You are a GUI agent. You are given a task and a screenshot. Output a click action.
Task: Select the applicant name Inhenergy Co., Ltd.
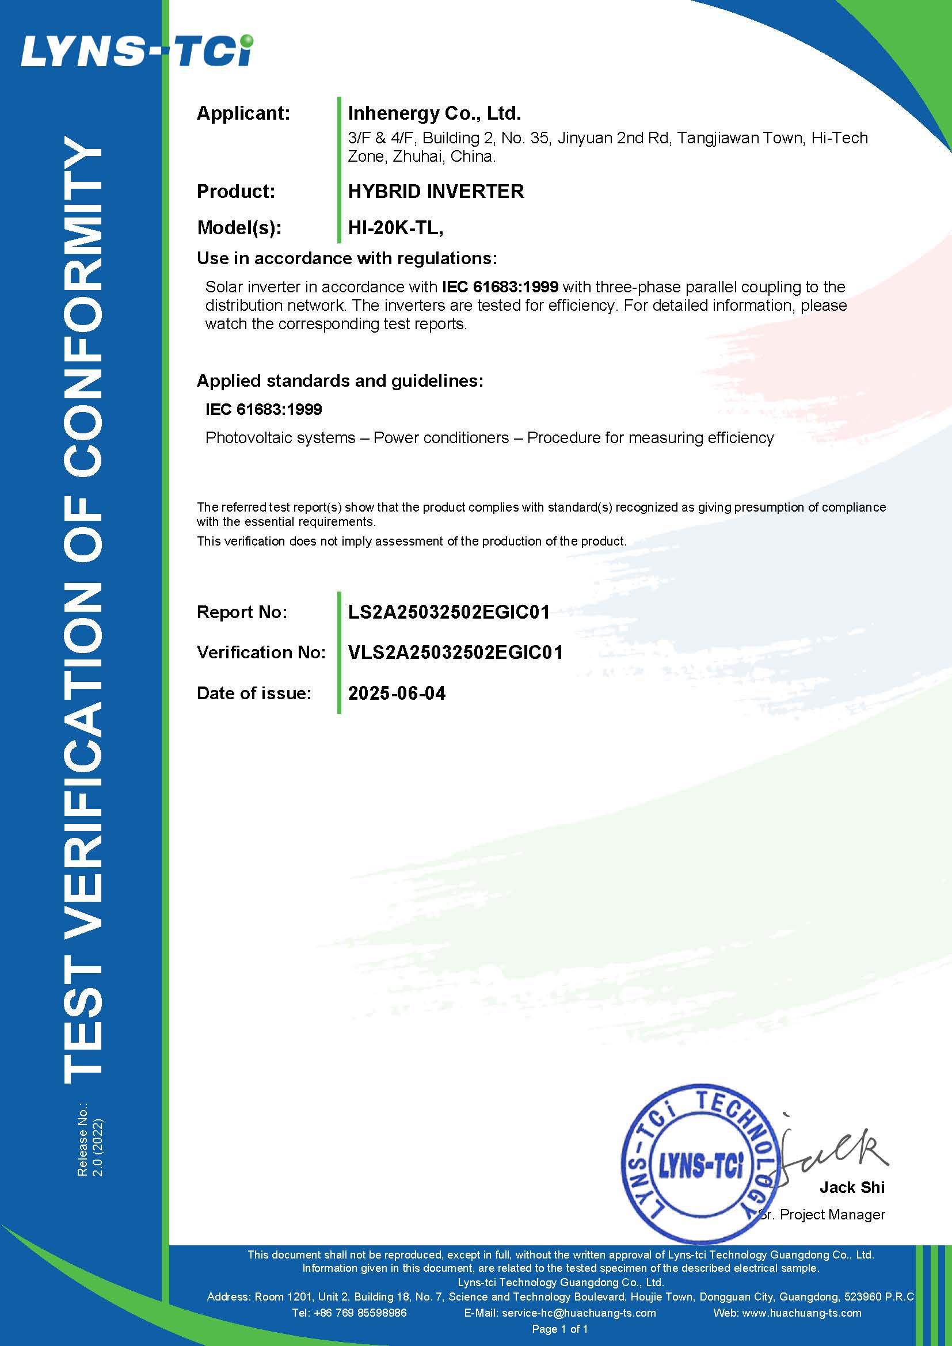(x=435, y=113)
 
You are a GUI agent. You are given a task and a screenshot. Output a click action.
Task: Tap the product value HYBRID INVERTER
(x=436, y=191)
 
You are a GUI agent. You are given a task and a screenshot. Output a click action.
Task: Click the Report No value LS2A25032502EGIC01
(x=448, y=612)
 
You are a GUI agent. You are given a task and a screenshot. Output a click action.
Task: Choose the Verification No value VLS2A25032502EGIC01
(x=455, y=652)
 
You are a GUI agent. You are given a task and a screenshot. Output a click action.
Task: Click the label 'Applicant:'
(x=243, y=113)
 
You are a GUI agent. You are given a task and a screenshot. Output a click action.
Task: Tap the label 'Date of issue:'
(x=254, y=693)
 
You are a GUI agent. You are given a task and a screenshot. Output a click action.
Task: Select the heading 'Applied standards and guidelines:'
(x=340, y=380)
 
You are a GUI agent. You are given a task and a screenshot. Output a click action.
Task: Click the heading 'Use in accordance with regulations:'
(x=346, y=258)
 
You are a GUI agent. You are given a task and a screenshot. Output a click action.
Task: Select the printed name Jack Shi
(x=851, y=1187)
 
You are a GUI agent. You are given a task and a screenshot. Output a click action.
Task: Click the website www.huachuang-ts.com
(x=801, y=1313)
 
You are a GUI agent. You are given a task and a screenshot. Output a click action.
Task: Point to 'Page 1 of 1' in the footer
(x=559, y=1328)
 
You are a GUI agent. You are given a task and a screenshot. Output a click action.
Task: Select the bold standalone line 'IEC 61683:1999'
(x=263, y=409)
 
